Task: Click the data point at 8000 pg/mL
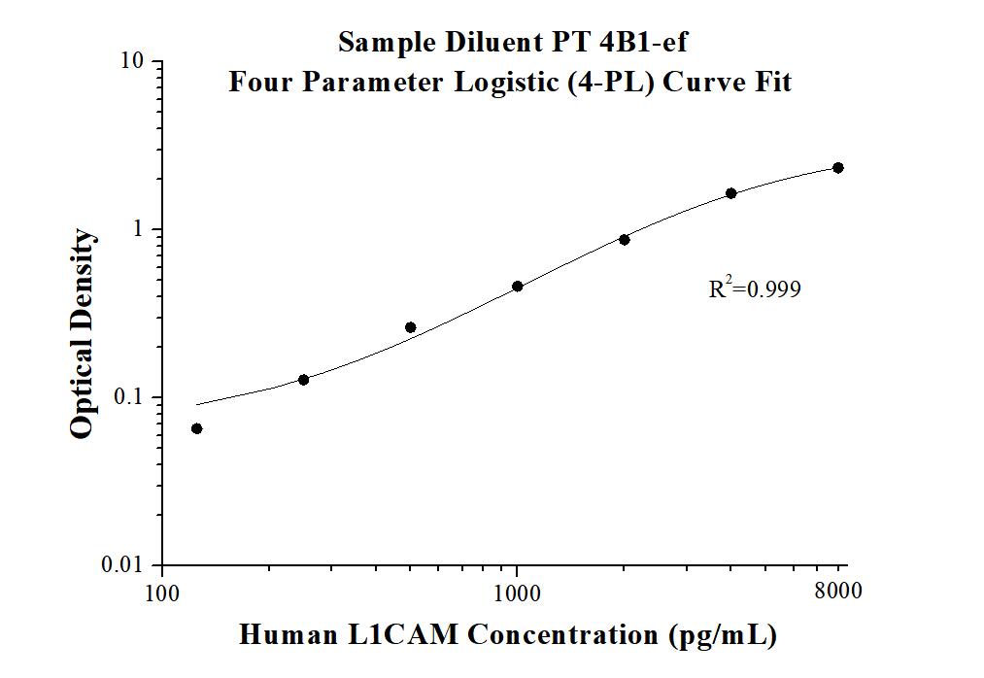pyautogui.click(x=838, y=168)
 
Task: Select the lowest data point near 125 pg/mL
pyautogui.click(x=196, y=428)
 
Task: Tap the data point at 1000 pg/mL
pyautogui.click(x=517, y=287)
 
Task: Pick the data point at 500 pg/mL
pyautogui.click(x=410, y=327)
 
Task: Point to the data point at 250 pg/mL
pyautogui.click(x=303, y=380)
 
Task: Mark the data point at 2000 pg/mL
pyautogui.click(x=625, y=239)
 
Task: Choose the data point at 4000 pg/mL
pyautogui.click(x=731, y=193)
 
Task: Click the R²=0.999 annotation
pyautogui.click(x=755, y=288)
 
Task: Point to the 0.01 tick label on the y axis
pyautogui.click(x=126, y=565)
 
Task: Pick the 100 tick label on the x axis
pyautogui.click(x=161, y=592)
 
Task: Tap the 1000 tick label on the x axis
pyautogui.click(x=517, y=592)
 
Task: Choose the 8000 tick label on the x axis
pyautogui.click(x=838, y=592)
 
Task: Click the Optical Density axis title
pyautogui.click(x=84, y=334)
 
